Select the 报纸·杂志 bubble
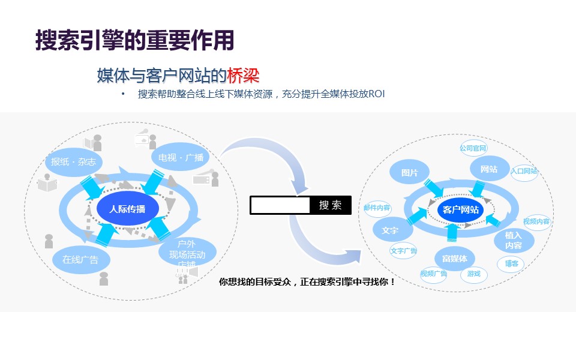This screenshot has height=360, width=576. point(74,161)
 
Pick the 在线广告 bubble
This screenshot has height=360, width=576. point(80,260)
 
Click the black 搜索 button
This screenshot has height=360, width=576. point(331,205)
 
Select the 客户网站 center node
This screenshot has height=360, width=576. point(461,209)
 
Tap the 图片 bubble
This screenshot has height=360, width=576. point(410,172)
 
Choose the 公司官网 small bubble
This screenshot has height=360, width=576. point(473,148)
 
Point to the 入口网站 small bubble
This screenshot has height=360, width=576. point(524,171)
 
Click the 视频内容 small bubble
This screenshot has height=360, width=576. point(536,221)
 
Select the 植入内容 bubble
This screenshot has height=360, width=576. point(514,241)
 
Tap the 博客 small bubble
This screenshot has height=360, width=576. point(511,263)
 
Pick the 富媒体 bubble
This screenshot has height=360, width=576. point(454,259)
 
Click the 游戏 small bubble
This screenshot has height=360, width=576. point(474,274)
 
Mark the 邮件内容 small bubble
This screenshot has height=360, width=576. point(377,208)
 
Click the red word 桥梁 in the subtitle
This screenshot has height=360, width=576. point(243,76)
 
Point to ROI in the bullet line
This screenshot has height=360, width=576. point(376,94)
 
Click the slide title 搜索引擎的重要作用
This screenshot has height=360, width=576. point(134,40)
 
